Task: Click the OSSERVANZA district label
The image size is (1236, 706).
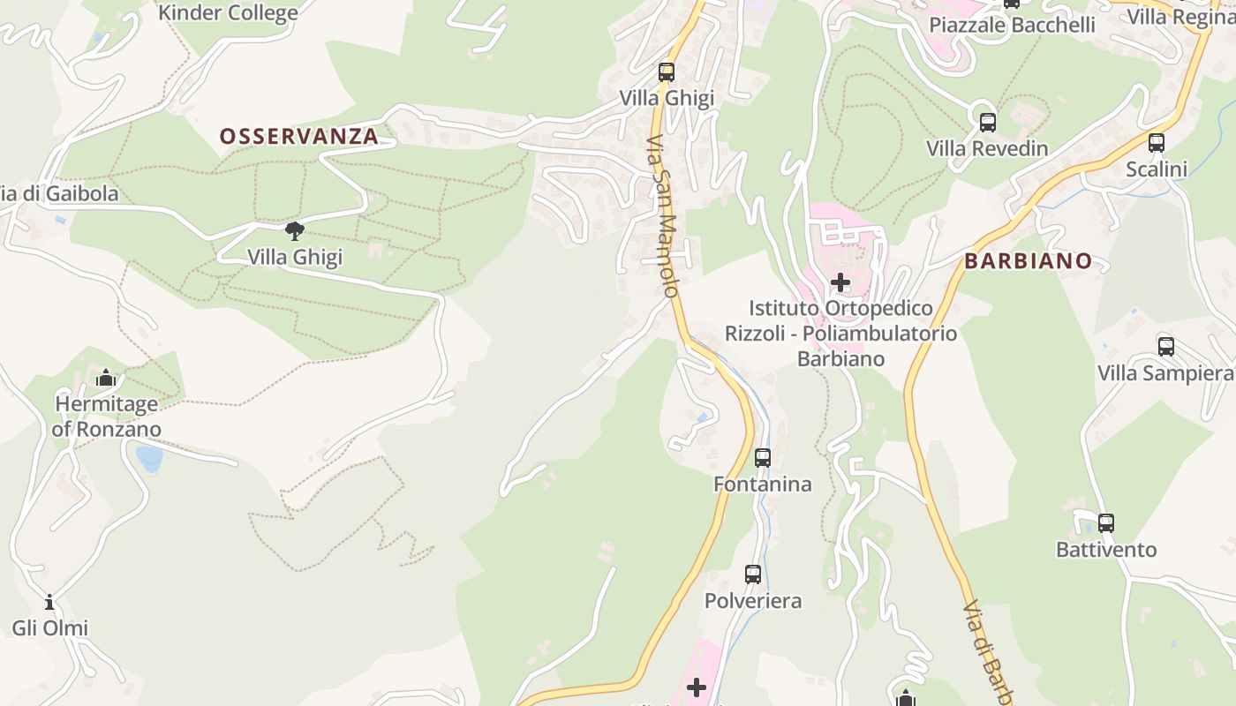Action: (x=298, y=137)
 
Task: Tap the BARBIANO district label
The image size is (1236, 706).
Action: (x=1028, y=261)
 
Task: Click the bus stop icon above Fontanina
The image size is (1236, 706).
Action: (x=763, y=458)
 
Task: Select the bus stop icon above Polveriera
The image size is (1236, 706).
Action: (x=753, y=575)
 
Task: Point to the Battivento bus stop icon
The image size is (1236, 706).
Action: (x=1106, y=522)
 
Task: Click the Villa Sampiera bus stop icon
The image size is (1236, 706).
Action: (x=1166, y=346)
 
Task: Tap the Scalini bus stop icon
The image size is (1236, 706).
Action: (x=1156, y=142)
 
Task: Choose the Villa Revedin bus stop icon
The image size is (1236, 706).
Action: (x=988, y=122)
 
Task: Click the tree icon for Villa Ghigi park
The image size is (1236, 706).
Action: (x=295, y=231)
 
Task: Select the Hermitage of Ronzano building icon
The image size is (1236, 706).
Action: (x=106, y=379)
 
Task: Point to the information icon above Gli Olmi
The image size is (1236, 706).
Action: (x=49, y=603)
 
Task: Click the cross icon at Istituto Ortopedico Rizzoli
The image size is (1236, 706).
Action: (x=840, y=282)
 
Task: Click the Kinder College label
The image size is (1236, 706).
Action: (x=228, y=12)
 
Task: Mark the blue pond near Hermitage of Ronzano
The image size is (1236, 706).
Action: (x=149, y=458)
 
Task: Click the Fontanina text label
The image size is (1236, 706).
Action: (x=762, y=484)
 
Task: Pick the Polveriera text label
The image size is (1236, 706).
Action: (x=753, y=601)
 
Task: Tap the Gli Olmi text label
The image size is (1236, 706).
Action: (x=49, y=628)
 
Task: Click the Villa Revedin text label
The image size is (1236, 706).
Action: (x=987, y=148)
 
